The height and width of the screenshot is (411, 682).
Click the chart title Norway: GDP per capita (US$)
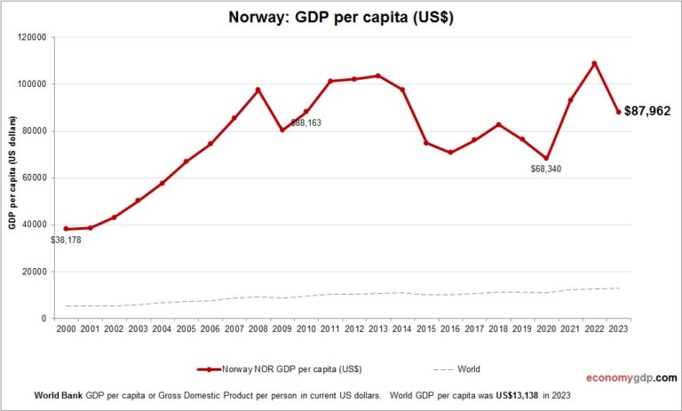click(x=341, y=17)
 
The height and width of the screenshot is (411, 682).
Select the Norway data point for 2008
click(x=258, y=90)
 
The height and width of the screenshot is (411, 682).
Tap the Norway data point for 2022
click(x=594, y=63)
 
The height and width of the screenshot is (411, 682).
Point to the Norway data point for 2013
click(x=377, y=75)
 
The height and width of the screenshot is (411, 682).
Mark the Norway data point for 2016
click(x=450, y=153)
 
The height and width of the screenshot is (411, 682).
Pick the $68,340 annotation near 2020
click(x=543, y=169)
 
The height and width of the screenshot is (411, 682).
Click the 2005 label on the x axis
click(x=186, y=330)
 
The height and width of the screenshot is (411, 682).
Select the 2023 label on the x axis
click(x=619, y=330)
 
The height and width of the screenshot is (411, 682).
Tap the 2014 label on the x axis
click(x=402, y=330)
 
